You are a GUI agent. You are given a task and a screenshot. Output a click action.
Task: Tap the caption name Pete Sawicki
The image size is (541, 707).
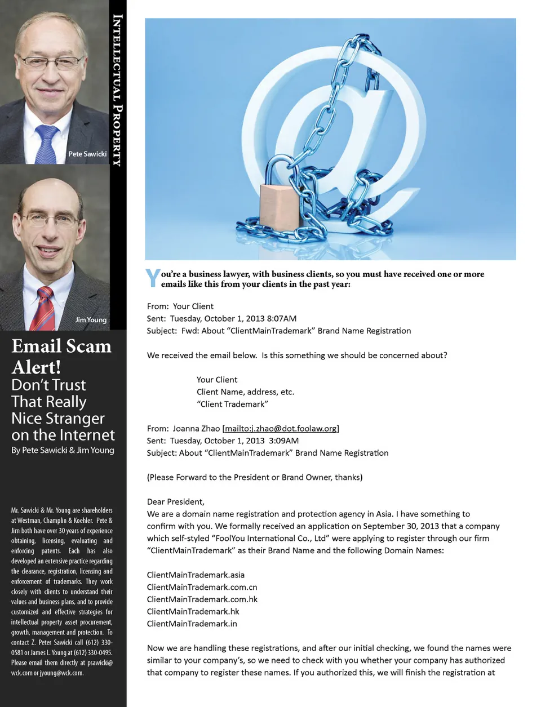87,154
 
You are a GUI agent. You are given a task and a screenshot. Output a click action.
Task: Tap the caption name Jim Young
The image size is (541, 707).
91,319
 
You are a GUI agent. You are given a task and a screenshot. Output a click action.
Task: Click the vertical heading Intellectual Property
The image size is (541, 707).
117,90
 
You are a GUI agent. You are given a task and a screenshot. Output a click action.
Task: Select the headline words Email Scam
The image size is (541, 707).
61,346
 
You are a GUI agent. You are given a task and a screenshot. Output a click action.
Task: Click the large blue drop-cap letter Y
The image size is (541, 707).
153,278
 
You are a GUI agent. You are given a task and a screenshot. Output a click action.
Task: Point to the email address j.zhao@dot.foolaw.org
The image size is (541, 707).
281,429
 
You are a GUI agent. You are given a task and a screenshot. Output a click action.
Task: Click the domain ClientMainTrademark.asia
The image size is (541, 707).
196,575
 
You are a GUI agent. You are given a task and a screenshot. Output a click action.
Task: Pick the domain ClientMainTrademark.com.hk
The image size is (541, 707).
202,599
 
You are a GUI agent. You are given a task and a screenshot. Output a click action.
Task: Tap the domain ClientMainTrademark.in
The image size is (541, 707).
192,624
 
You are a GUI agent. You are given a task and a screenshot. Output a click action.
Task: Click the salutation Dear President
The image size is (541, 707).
176,502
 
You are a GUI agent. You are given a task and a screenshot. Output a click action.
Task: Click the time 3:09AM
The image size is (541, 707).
284,441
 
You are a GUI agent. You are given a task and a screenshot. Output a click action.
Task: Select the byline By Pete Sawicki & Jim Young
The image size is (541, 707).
63,450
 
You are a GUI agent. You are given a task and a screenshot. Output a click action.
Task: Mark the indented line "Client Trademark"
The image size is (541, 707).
232,404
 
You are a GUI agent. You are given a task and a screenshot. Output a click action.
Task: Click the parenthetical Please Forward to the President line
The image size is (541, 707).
255,477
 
